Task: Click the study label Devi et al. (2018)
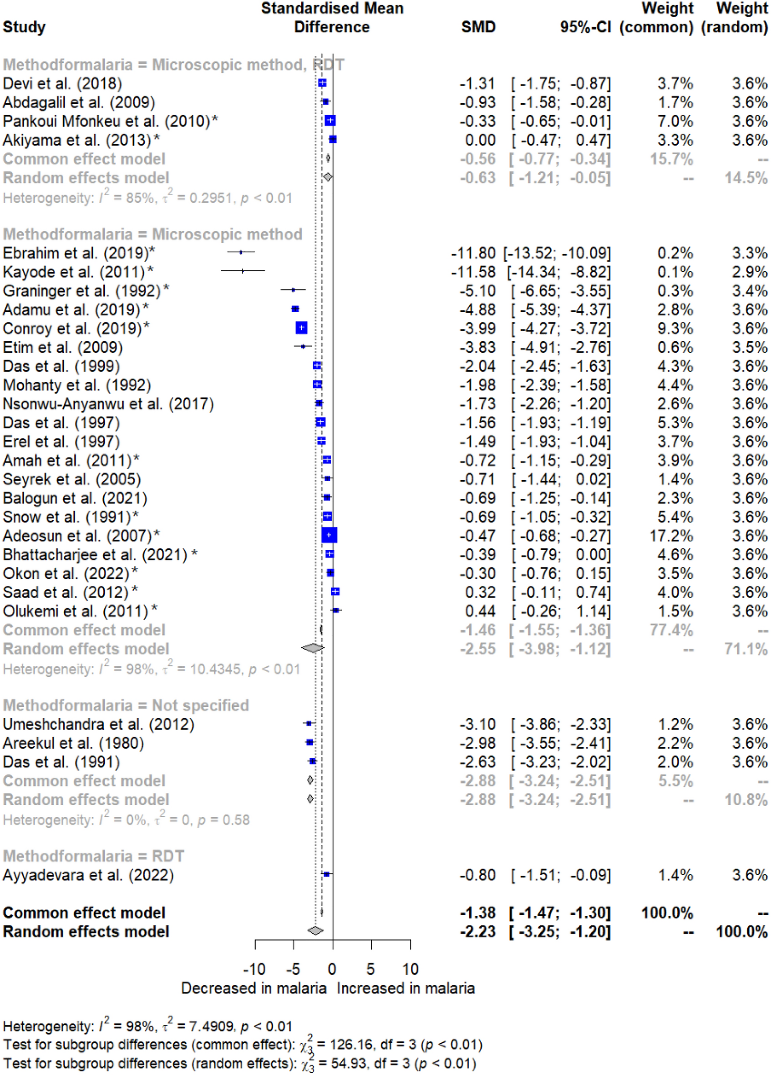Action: point(62,83)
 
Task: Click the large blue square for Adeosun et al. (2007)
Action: point(329,535)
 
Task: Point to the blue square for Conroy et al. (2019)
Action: point(301,328)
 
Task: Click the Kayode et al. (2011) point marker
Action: point(243,271)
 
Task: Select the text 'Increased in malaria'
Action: point(406,988)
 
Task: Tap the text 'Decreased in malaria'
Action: point(254,988)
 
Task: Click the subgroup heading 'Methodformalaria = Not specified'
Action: point(126,705)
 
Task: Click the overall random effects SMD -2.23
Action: point(478,931)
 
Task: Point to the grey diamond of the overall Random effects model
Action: point(315,931)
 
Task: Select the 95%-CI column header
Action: point(585,27)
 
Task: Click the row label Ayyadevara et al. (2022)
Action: point(88,875)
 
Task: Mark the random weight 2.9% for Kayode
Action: point(750,272)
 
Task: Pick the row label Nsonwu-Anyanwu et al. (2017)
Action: point(108,404)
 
